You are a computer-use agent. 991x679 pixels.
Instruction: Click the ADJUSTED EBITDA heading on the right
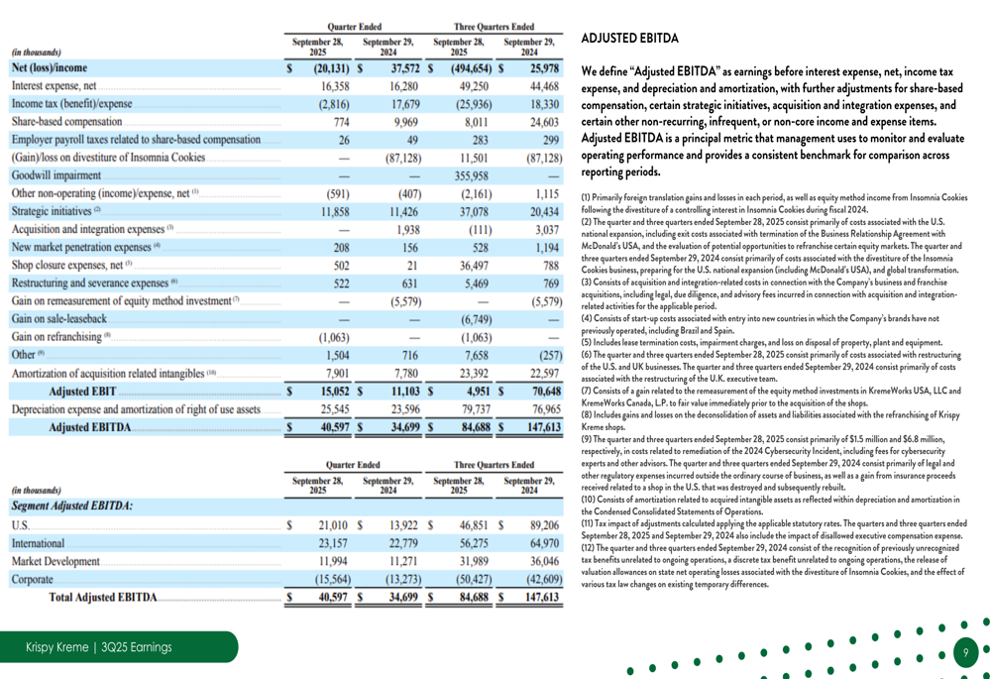tap(629, 39)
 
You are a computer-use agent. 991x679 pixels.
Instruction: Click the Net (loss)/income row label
tap(50, 68)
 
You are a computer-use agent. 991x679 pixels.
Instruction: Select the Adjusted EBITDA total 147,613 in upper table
tap(542, 427)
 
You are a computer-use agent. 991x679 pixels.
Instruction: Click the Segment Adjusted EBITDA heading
tap(71, 506)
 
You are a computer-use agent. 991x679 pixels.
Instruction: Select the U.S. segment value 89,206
tap(544, 524)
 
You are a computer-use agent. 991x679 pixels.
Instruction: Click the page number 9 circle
tap(965, 652)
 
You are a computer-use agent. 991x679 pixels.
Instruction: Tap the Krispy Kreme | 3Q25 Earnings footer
tap(98, 647)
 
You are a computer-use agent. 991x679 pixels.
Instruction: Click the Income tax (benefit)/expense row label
tap(71, 104)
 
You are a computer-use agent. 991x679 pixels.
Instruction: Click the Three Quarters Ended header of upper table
tap(494, 27)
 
